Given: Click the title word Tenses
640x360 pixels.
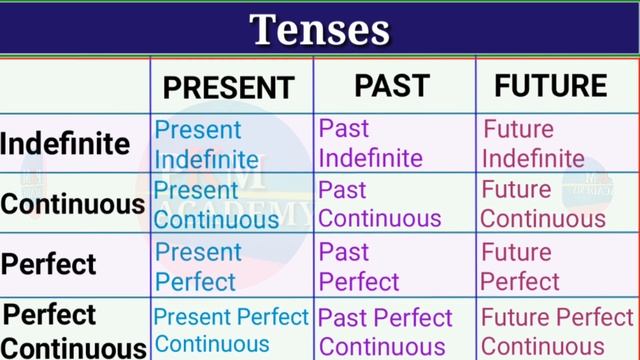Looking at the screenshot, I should [x=319, y=30].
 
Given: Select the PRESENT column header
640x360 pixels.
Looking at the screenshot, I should [x=229, y=87].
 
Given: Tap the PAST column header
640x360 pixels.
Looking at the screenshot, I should [x=392, y=86].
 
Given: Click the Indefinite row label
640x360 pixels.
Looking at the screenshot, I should [x=65, y=144].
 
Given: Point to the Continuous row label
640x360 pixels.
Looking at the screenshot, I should [x=73, y=205].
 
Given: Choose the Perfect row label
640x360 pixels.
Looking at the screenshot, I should [x=49, y=265].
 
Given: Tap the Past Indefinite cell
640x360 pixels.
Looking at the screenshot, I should [x=370, y=143].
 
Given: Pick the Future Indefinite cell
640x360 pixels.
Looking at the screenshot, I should [x=533, y=143].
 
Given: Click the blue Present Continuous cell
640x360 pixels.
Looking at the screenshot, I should [x=216, y=205].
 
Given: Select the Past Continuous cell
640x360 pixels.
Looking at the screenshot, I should [x=379, y=204].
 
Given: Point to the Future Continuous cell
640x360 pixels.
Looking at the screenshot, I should [x=543, y=204].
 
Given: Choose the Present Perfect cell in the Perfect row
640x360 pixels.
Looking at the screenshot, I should [x=198, y=266].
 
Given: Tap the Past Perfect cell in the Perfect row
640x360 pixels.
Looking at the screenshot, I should [x=358, y=266].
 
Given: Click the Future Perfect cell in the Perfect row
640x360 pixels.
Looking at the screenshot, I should [x=521, y=266].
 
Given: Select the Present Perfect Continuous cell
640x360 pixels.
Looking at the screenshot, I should [x=231, y=331].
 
